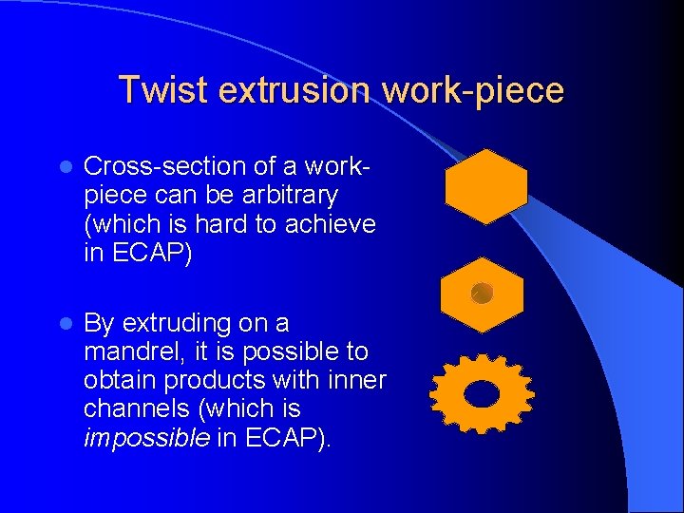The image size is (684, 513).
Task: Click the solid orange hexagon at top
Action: click(x=485, y=186)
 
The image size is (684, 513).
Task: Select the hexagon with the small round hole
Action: click(x=482, y=294)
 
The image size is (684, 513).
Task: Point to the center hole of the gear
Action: click(x=482, y=393)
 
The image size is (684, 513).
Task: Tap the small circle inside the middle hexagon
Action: click(x=482, y=294)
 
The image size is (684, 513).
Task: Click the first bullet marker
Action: click(x=63, y=167)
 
